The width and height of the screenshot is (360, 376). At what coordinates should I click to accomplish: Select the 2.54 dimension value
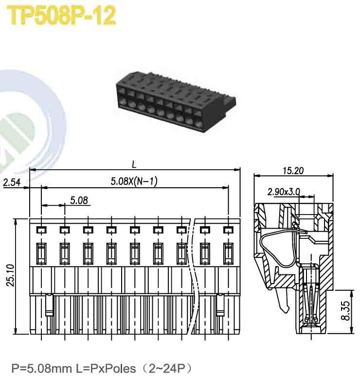(12, 183)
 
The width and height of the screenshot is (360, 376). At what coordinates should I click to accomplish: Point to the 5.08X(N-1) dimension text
(134, 181)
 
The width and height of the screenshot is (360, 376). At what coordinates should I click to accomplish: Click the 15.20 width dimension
(293, 170)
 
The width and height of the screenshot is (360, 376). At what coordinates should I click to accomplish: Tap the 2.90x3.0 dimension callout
(284, 191)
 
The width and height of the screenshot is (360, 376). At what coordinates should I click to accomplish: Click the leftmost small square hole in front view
(41, 229)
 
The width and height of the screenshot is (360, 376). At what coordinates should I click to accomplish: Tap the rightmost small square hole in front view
(228, 229)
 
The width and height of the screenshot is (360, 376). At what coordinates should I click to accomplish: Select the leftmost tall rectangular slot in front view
(41, 253)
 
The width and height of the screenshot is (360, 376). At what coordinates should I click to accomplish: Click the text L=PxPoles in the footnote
(105, 368)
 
